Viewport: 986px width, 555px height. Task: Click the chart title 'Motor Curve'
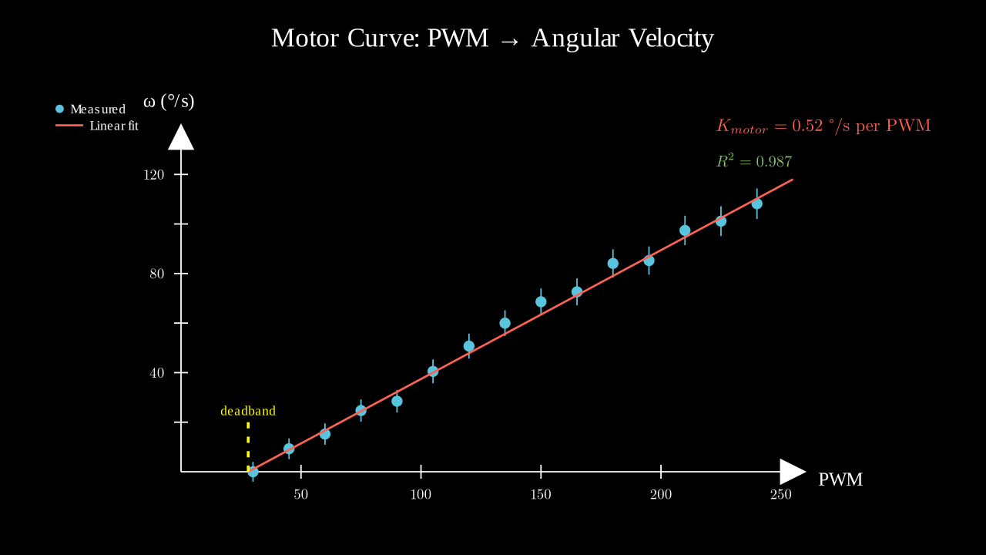click(492, 38)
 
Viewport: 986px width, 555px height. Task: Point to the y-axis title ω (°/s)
click(169, 101)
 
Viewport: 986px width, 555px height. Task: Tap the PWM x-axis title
click(840, 479)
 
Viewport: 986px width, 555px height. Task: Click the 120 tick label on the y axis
click(154, 175)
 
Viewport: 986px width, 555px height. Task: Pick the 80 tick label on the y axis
click(157, 274)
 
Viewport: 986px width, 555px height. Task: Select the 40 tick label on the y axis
click(157, 373)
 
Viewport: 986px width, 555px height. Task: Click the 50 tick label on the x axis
click(301, 495)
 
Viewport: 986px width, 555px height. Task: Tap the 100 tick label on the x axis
click(421, 495)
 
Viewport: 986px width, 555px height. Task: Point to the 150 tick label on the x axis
click(541, 495)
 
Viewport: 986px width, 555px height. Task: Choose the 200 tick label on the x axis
click(661, 495)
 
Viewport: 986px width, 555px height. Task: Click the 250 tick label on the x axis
click(781, 495)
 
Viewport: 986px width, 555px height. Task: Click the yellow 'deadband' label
click(248, 412)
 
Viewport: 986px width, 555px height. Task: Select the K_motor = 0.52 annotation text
click(823, 126)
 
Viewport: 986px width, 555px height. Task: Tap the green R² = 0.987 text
click(753, 162)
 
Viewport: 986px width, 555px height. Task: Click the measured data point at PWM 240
click(757, 204)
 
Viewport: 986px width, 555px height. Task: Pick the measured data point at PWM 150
click(541, 301)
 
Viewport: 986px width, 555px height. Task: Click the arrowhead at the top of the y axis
click(181, 137)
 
